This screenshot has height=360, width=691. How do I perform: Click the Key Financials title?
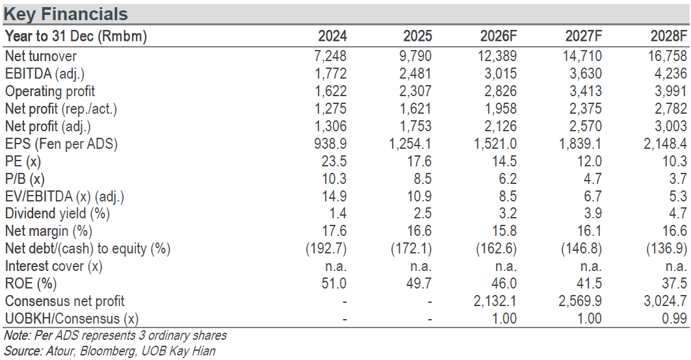click(66, 14)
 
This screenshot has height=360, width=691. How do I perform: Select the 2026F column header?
click(499, 36)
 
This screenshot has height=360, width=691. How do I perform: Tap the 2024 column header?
click(332, 36)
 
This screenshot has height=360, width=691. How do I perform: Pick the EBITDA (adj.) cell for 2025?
click(415, 73)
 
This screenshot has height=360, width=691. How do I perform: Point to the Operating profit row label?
click(50, 91)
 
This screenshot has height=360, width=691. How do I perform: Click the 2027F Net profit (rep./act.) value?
click(586, 109)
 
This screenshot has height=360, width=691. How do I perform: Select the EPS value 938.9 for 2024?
click(330, 144)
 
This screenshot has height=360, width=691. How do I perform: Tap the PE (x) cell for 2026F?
click(504, 161)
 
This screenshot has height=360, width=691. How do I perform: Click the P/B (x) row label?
click(25, 179)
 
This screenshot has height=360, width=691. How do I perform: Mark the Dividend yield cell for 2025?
click(423, 214)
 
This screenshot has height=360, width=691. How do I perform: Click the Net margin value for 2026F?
click(504, 231)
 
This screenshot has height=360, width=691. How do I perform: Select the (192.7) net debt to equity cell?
click(326, 248)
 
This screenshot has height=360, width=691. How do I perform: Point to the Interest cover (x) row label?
click(53, 266)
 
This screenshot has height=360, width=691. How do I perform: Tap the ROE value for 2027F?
click(590, 283)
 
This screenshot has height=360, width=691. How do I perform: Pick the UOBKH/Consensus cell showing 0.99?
click(675, 318)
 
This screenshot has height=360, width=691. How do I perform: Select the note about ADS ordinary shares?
click(116, 336)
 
